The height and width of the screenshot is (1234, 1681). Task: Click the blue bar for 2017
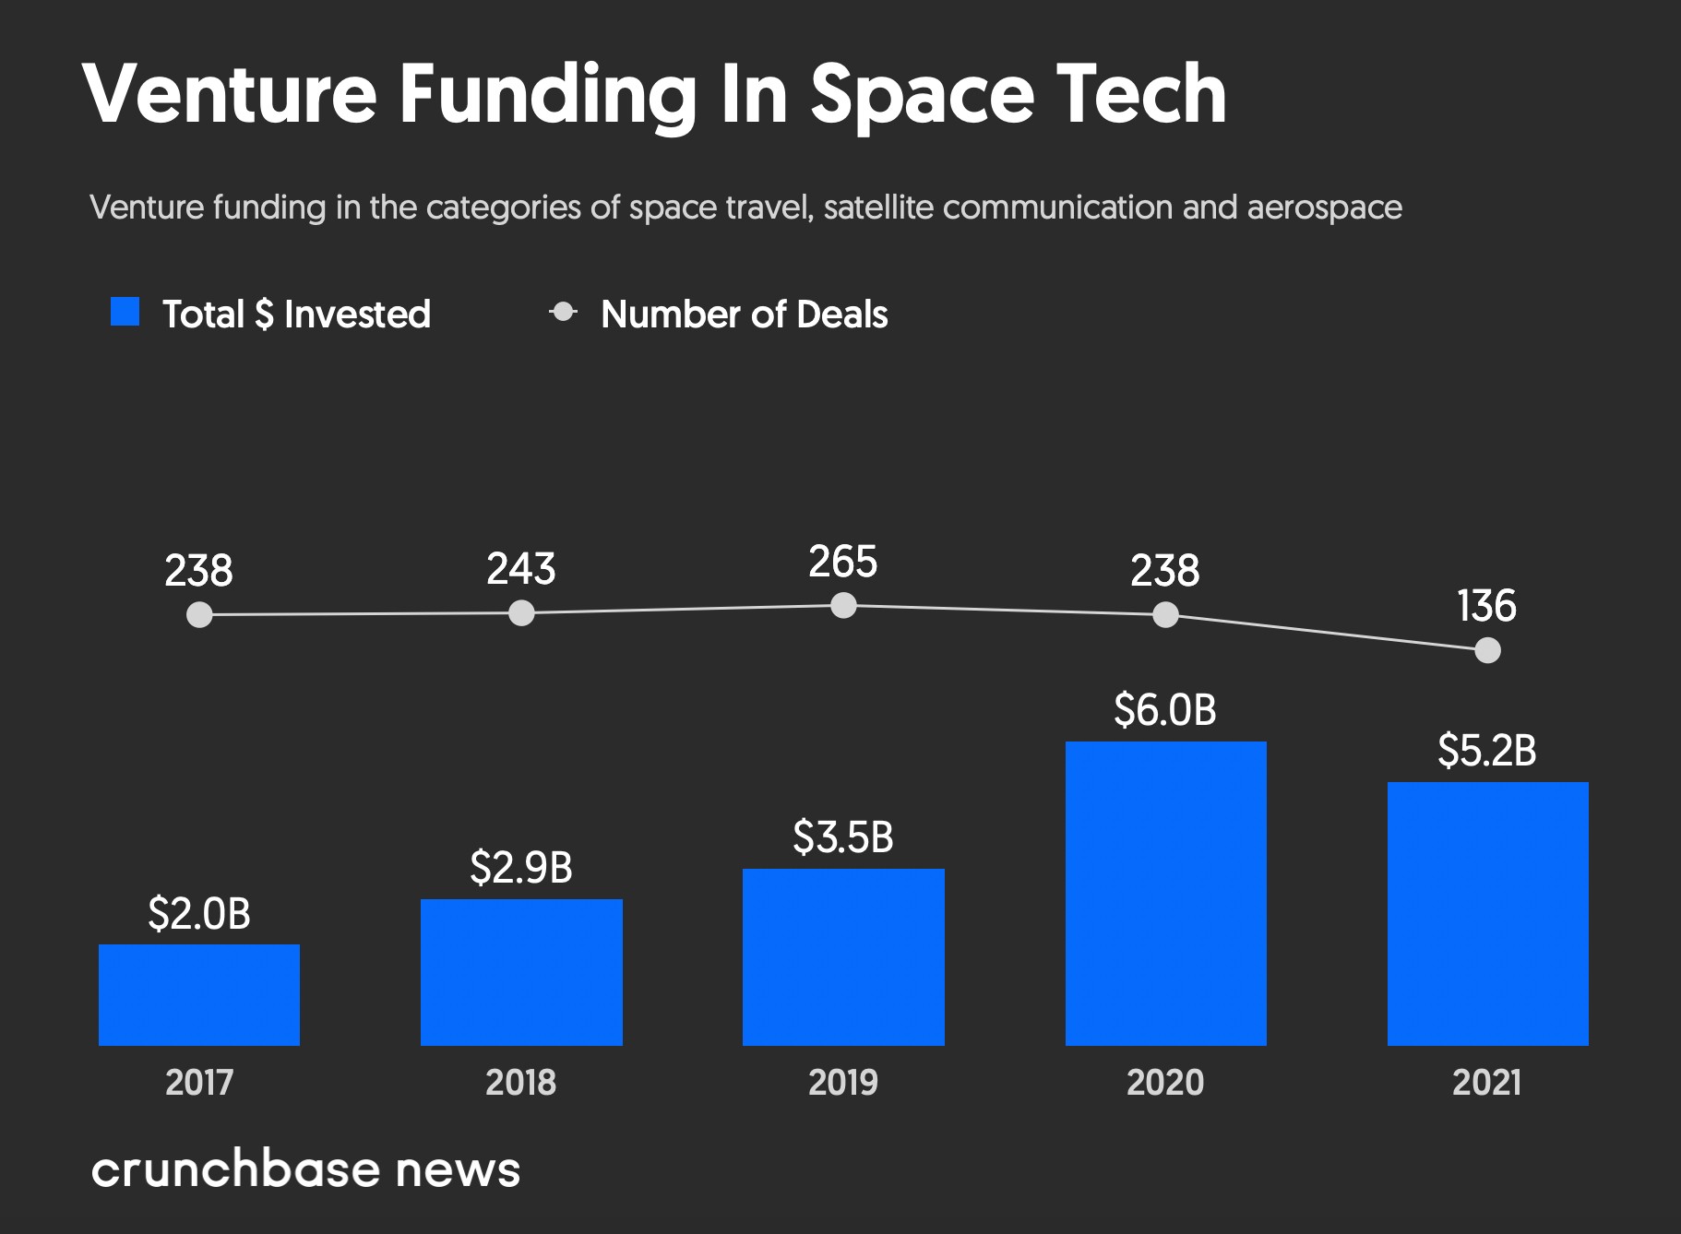(x=199, y=994)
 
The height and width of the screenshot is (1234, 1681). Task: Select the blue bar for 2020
(x=1165, y=893)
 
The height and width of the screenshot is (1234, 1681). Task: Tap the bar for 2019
(x=843, y=956)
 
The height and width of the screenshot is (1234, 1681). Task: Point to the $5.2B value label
(x=1487, y=751)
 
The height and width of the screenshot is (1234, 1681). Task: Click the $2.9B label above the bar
(x=521, y=867)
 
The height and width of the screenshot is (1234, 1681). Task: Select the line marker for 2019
(x=843, y=606)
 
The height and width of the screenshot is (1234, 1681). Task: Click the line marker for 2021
(x=1487, y=651)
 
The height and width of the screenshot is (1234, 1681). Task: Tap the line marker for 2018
(x=521, y=613)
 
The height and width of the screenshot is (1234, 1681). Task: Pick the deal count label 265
(x=843, y=562)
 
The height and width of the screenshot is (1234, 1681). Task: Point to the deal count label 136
(x=1486, y=606)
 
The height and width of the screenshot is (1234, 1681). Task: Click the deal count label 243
(x=521, y=569)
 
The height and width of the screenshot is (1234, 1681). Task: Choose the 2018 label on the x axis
(x=521, y=1082)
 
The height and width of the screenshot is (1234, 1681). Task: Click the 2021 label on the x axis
(x=1487, y=1082)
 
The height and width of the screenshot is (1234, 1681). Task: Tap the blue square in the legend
(x=125, y=312)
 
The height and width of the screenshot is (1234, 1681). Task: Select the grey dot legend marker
(x=563, y=313)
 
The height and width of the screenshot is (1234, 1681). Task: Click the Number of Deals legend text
(x=744, y=314)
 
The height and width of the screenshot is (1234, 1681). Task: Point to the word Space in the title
(x=924, y=95)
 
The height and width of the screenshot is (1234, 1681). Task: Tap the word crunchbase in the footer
(x=235, y=1169)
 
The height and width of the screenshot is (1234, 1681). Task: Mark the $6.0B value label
(x=1165, y=709)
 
